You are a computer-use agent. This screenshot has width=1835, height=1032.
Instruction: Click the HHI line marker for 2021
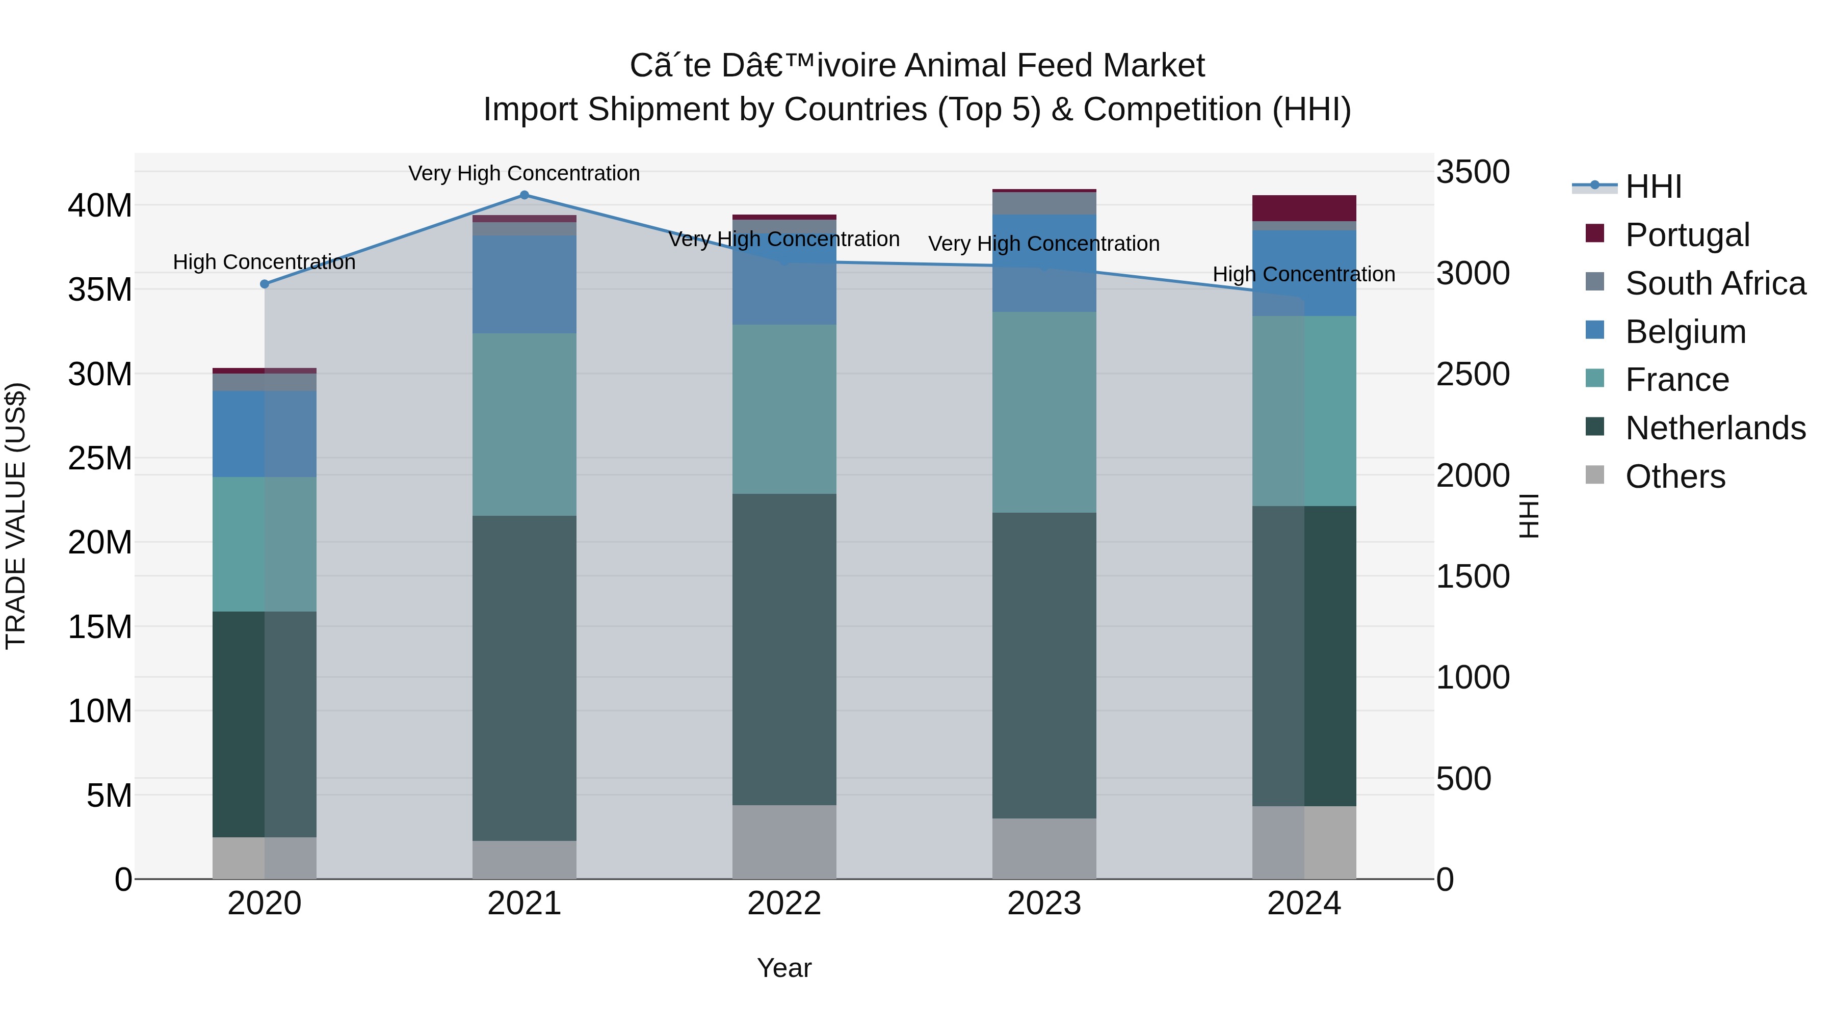(525, 195)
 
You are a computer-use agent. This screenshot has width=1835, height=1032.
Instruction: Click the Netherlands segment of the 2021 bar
(525, 678)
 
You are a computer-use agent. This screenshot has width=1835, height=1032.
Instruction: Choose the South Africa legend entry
(1715, 283)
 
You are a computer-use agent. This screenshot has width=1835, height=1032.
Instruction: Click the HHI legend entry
(1653, 187)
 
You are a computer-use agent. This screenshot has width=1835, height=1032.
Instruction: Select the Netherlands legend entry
(1715, 428)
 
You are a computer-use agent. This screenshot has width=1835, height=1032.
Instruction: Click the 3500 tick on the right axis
(1472, 172)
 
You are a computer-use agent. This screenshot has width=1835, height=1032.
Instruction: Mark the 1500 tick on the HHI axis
(1472, 576)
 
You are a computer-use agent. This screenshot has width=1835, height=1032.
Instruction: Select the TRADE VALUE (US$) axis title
(16, 516)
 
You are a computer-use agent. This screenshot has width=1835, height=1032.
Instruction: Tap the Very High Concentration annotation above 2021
(525, 173)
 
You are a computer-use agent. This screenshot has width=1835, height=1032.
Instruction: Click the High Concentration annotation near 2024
(1303, 274)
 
